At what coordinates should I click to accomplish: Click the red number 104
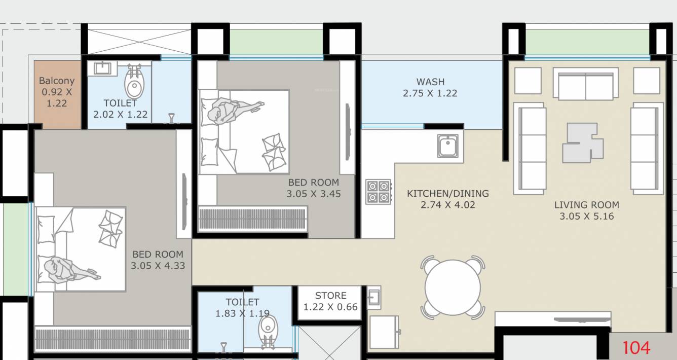(636, 348)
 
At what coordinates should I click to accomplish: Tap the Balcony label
(57, 81)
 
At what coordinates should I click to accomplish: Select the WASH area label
(430, 82)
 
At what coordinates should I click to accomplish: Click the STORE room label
(330, 296)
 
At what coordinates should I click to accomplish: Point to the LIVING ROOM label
(586, 205)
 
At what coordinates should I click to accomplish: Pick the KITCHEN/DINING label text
(447, 193)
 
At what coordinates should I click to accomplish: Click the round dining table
(452, 287)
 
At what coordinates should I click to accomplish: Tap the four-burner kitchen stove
(378, 192)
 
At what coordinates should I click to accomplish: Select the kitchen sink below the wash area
(448, 146)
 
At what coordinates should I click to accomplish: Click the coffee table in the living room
(582, 142)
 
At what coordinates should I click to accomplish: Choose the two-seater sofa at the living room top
(585, 84)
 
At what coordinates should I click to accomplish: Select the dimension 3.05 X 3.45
(313, 194)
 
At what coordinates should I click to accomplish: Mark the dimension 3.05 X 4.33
(157, 265)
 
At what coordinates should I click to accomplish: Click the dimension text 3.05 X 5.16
(586, 216)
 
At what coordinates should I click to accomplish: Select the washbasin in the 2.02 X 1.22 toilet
(103, 67)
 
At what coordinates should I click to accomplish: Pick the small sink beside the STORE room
(373, 297)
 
